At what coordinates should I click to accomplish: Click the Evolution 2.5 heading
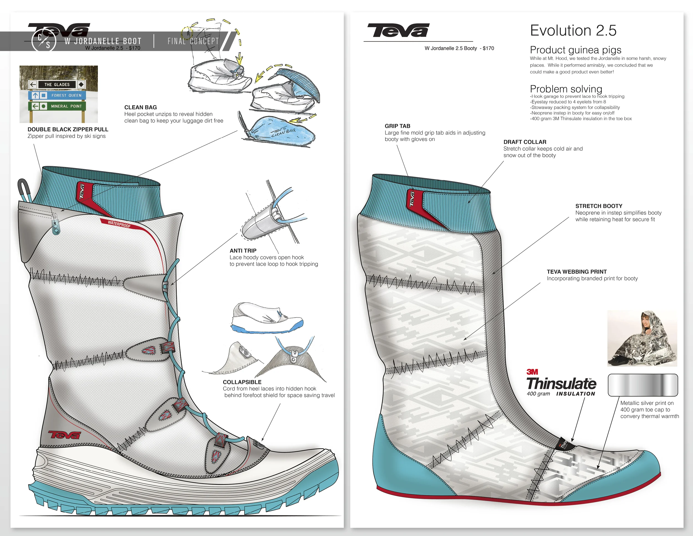click(573, 31)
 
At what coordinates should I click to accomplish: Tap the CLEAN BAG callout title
click(140, 107)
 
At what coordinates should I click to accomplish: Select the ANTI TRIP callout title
click(243, 251)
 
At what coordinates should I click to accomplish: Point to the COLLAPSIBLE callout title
click(242, 382)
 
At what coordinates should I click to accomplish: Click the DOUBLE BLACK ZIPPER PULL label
click(68, 129)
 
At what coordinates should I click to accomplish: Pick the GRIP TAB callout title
click(397, 126)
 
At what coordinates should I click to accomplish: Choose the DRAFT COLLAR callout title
click(524, 142)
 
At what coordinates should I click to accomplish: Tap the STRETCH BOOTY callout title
click(599, 206)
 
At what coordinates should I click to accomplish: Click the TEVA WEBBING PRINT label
click(577, 272)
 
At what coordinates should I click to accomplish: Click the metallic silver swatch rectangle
click(643, 385)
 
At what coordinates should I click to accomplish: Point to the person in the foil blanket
click(642, 338)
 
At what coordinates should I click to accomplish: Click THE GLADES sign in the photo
click(57, 84)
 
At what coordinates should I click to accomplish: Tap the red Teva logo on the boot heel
click(64, 435)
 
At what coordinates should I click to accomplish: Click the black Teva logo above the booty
click(398, 31)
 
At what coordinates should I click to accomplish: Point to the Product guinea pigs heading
click(575, 50)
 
